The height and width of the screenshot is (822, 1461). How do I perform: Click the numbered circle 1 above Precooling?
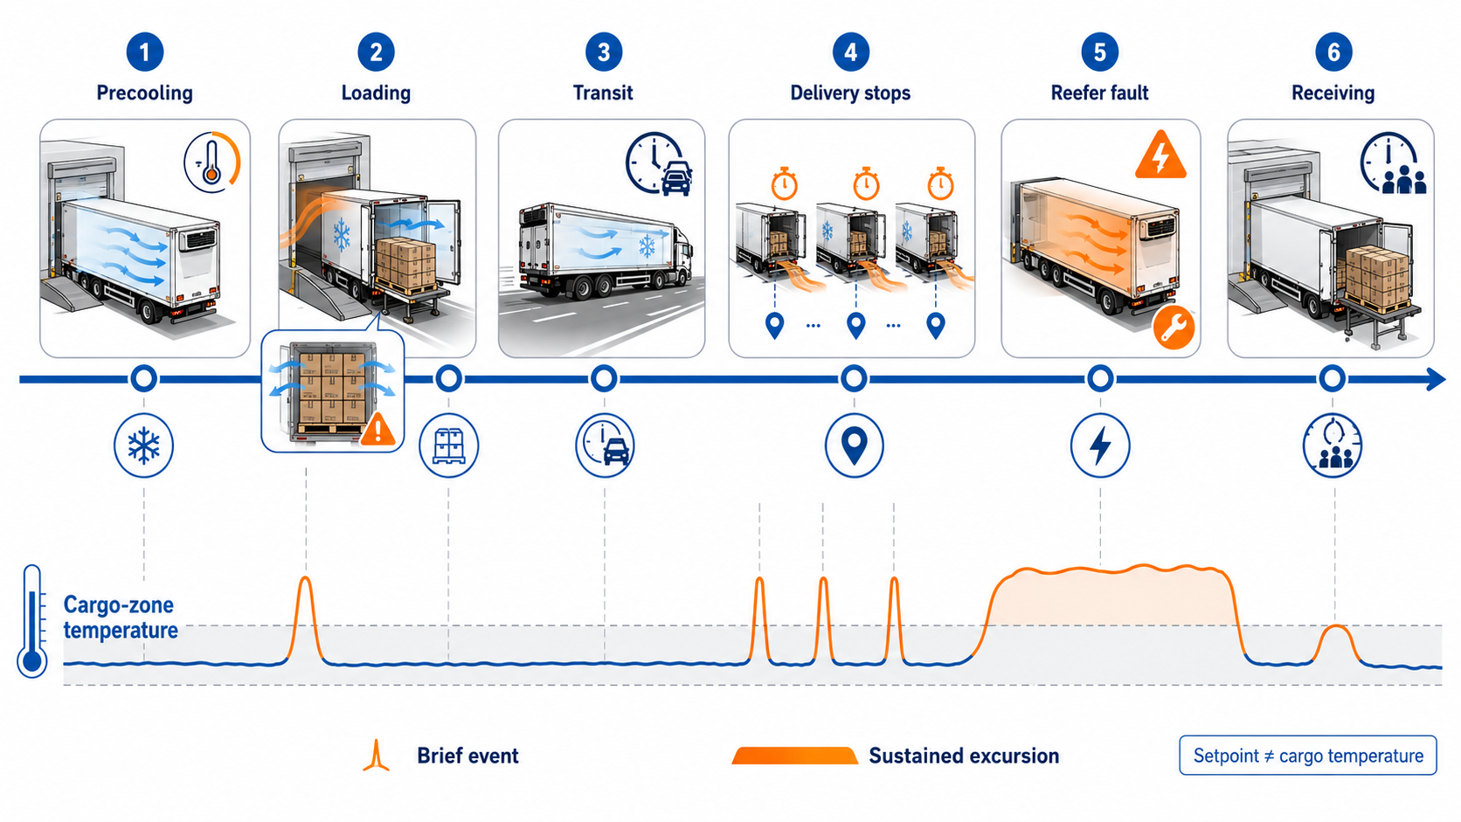[x=144, y=52]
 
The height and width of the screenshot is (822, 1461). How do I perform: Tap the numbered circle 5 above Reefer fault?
[x=1099, y=52]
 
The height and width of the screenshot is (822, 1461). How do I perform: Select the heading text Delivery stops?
[x=850, y=93]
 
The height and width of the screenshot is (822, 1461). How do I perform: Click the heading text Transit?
[x=603, y=93]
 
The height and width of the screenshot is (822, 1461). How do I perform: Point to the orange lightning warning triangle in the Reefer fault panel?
[x=1160, y=156]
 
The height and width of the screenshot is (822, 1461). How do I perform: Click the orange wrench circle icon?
[x=1174, y=328]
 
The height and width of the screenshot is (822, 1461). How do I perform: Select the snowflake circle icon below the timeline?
[x=143, y=446]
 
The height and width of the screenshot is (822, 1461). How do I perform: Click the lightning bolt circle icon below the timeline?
[x=1100, y=446]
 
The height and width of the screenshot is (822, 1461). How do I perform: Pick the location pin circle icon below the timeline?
[x=855, y=446]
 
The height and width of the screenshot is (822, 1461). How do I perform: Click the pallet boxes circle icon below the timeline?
[x=449, y=446]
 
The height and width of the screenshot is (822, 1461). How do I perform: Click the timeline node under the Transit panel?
[x=604, y=379]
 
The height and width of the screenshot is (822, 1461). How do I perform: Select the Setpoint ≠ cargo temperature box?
[x=1308, y=756]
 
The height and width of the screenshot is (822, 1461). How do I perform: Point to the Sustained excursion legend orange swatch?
[x=795, y=756]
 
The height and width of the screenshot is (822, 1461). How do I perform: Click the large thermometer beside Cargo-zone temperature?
[x=32, y=621]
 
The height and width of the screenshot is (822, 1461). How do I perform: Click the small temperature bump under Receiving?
[x=1337, y=643]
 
